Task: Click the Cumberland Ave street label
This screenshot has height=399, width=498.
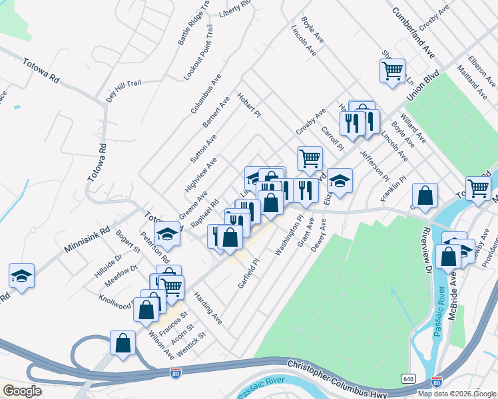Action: pyautogui.click(x=413, y=32)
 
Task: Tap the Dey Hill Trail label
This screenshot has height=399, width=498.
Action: pyautogui.click(x=124, y=91)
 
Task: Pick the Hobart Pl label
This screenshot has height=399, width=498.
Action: pyautogui.click(x=249, y=105)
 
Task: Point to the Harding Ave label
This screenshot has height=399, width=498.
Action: pyautogui.click(x=208, y=307)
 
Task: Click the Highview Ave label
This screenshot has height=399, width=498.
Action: pyautogui.click(x=201, y=174)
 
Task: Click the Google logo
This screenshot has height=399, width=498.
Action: pyautogui.click(x=23, y=390)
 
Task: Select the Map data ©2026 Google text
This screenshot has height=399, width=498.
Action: pyautogui.click(x=456, y=394)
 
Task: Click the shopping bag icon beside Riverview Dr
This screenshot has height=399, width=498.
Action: pyautogui.click(x=425, y=196)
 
